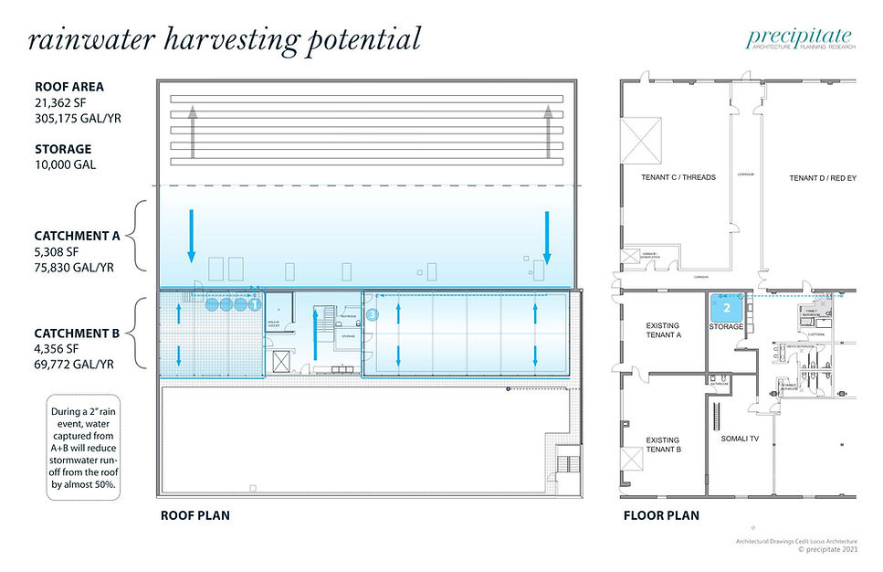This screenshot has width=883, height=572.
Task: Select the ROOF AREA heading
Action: point(69,87)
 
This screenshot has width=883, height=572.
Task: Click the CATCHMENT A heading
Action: point(77,235)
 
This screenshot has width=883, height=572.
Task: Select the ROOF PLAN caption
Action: point(194,515)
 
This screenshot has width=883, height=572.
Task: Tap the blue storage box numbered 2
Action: point(726,308)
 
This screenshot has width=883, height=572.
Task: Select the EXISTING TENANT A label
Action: point(662,331)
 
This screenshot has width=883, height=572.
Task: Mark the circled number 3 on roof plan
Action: point(372,314)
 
